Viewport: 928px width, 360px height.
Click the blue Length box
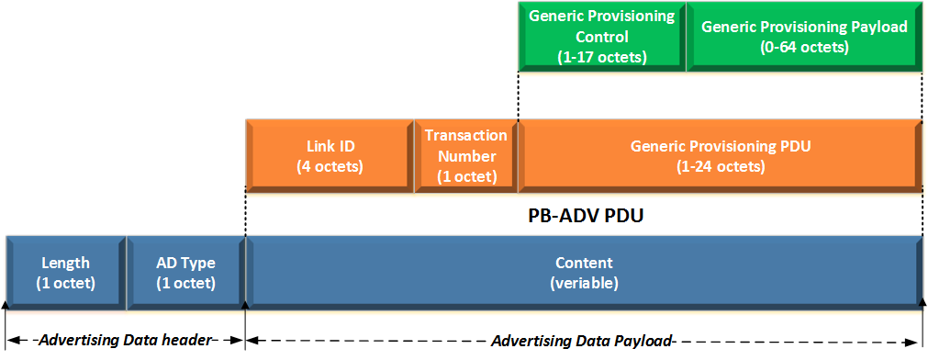[65, 272]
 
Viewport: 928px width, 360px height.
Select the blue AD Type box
[186, 272]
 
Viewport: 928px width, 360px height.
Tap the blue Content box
[584, 272]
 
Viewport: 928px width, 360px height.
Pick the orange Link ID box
[330, 155]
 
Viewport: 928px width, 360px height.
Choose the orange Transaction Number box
[466, 155]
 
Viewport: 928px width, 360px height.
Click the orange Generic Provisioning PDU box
[721, 155]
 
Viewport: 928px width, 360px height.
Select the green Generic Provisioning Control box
[601, 37]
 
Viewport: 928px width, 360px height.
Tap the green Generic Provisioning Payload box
[804, 37]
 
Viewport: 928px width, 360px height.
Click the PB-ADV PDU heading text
[584, 218]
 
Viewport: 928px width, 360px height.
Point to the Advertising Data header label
[126, 341]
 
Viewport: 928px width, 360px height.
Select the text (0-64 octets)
[804, 47]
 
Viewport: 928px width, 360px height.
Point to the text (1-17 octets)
[601, 57]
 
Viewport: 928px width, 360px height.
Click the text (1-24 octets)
[721, 166]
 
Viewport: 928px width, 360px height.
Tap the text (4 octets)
[330, 166]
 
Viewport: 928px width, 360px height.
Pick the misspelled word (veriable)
[584, 283]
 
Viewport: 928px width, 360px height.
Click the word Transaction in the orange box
[466, 135]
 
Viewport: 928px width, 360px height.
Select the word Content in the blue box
[584, 263]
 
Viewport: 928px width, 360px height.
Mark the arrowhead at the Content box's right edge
[922, 301]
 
